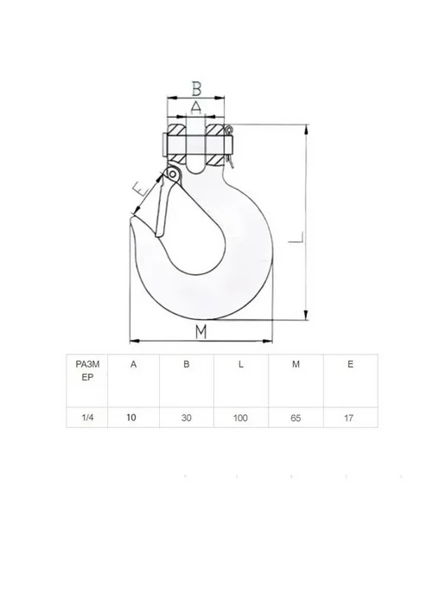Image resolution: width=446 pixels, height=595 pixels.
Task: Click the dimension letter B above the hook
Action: click(196, 88)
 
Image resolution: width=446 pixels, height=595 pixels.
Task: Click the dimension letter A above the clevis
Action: click(196, 107)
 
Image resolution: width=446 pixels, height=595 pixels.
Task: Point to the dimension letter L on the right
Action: click(296, 237)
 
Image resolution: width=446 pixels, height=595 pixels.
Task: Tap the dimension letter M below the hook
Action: click(201, 331)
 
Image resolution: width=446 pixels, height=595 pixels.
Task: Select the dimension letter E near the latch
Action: click(141, 189)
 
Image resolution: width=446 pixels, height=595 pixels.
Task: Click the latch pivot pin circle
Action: click(173, 174)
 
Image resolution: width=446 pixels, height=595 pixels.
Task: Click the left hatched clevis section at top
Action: click(176, 130)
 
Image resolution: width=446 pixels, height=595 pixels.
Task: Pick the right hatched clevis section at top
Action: click(215, 130)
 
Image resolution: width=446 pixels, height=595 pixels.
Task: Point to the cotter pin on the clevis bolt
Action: click(229, 146)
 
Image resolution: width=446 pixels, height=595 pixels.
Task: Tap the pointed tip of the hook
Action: click(132, 216)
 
